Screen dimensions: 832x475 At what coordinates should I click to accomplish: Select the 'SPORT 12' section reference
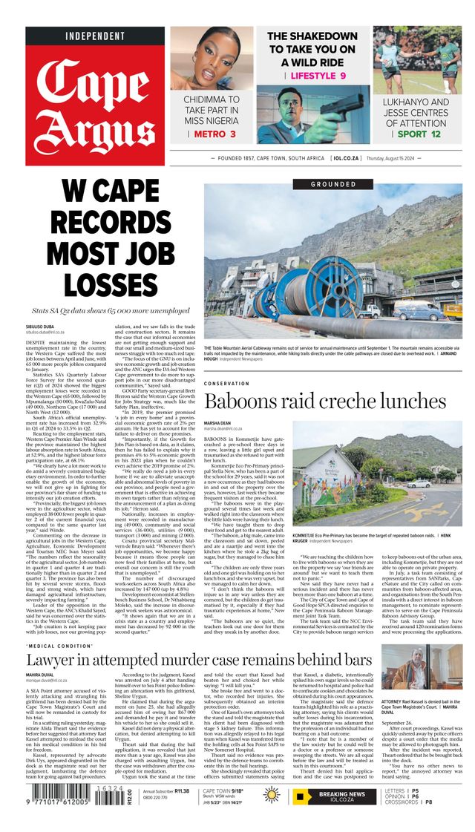point(419,134)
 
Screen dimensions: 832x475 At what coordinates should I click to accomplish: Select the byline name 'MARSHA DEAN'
point(222,422)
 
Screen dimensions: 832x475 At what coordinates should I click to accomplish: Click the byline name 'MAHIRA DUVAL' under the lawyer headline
point(43,675)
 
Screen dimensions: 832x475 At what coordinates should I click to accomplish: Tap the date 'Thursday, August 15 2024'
point(426,158)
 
